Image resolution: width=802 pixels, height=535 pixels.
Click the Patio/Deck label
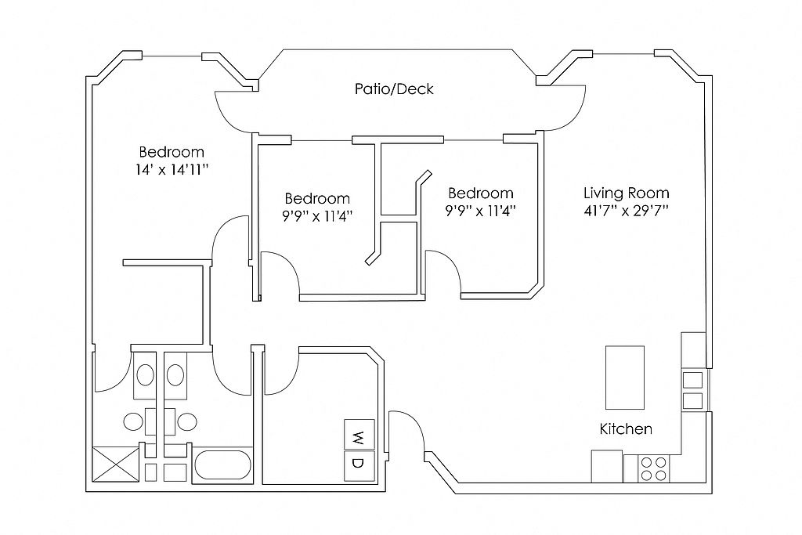[x=394, y=89]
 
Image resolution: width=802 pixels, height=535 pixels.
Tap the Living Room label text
[x=626, y=193]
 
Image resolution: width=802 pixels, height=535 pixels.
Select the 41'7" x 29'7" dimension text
[x=626, y=211]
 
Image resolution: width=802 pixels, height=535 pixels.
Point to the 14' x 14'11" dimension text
[x=172, y=169]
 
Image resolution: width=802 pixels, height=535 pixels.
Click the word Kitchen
[x=626, y=428]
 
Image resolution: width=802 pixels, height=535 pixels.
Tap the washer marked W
[x=359, y=435]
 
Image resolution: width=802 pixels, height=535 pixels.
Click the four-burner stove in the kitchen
[x=654, y=468]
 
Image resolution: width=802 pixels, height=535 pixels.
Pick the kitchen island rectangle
[x=624, y=378]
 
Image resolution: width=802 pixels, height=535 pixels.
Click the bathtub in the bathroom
[x=222, y=465]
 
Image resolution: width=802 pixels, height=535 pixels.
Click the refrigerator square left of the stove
[x=607, y=466]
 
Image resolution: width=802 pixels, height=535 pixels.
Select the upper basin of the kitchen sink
[x=693, y=380]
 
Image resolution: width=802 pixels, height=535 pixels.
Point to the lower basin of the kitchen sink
[x=693, y=400]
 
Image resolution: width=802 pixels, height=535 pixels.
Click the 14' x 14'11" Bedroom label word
[x=172, y=152]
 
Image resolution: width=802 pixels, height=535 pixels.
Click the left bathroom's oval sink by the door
[x=145, y=375]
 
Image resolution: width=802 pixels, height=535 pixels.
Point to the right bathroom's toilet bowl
[x=187, y=422]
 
